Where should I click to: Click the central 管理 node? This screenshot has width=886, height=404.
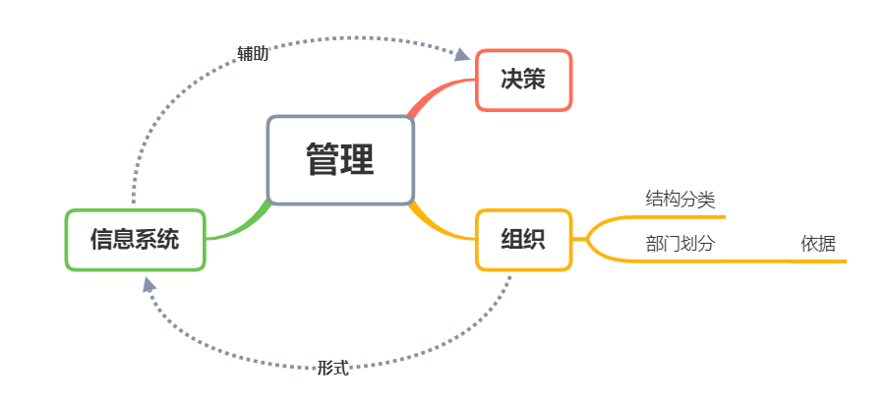(340, 160)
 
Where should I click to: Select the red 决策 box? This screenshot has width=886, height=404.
(523, 81)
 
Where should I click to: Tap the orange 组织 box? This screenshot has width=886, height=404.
(523, 239)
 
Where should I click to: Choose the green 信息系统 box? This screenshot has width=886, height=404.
(135, 239)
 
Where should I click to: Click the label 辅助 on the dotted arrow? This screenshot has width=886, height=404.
(253, 53)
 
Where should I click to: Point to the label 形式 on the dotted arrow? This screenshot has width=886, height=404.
(333, 368)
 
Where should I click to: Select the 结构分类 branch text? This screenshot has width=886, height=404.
(679, 200)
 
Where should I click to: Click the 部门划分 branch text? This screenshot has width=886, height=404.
(679, 244)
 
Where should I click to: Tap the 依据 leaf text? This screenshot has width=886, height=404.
(818, 244)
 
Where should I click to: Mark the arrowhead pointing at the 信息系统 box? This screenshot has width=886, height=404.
(148, 285)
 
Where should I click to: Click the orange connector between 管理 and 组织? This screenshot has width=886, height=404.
(439, 224)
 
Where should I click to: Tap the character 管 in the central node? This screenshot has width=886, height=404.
(323, 160)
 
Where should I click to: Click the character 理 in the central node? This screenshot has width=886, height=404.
(358, 160)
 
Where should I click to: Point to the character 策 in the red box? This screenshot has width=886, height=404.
(534, 81)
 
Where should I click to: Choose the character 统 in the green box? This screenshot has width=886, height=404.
(168, 239)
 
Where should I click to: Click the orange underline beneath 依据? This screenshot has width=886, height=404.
(818, 261)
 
